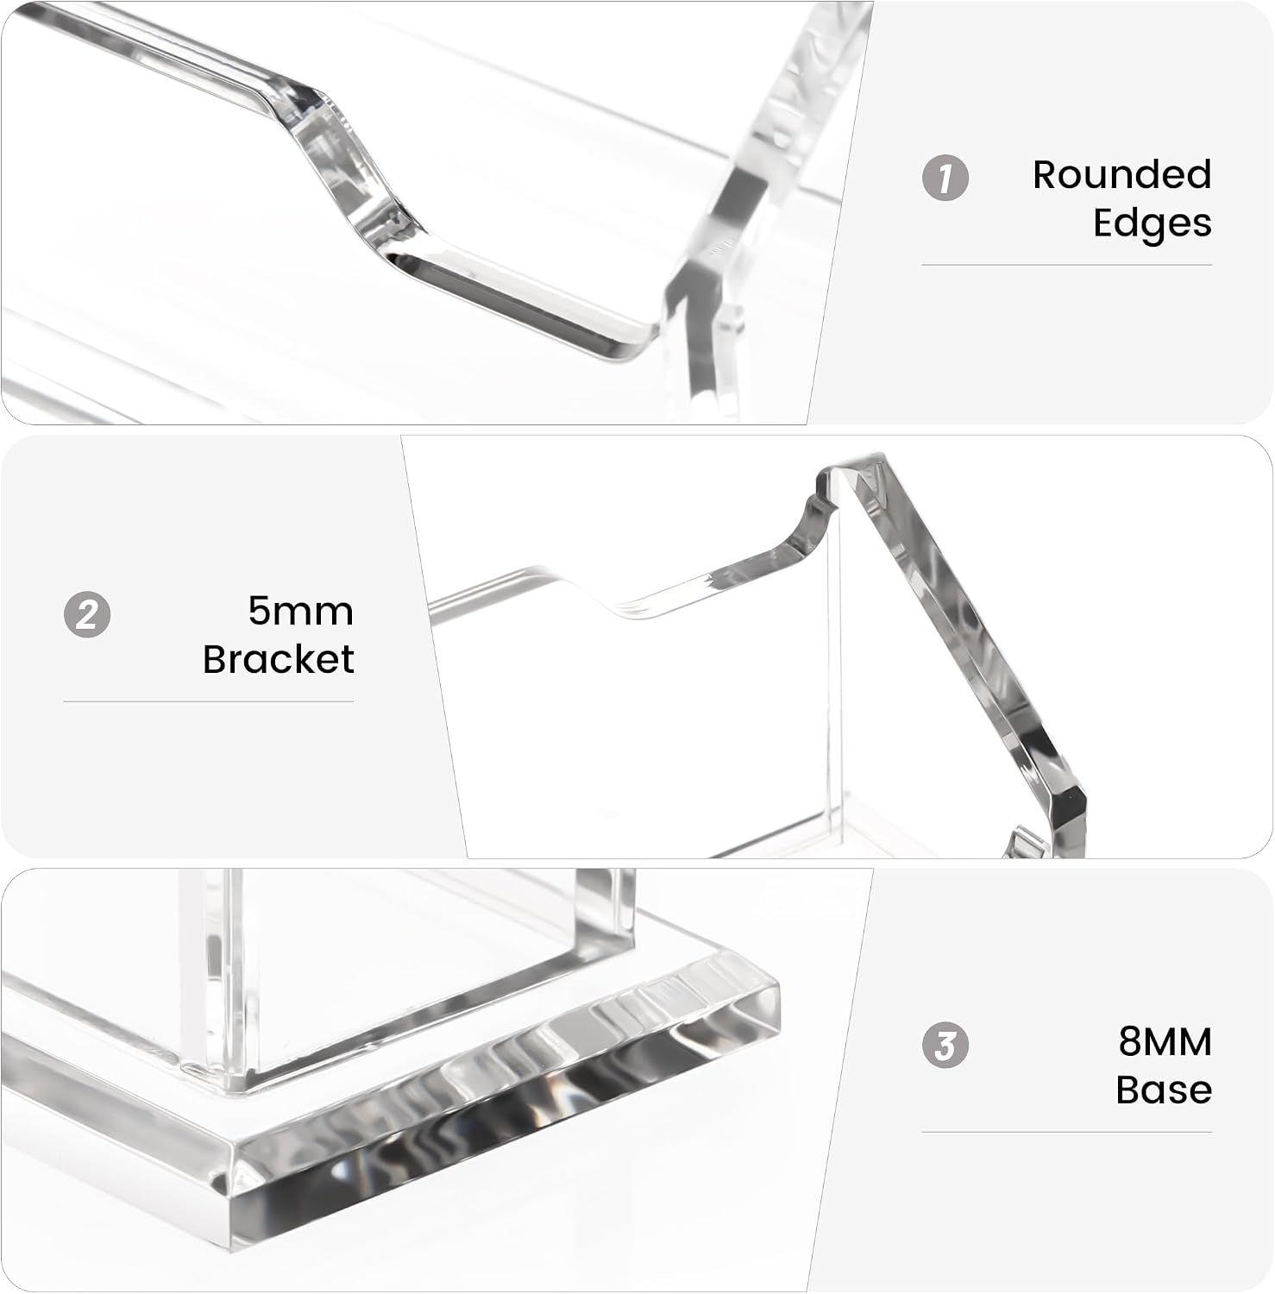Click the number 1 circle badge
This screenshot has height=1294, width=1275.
pos(945,179)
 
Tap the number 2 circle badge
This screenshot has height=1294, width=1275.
pos(87,615)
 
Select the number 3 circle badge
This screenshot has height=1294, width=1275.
pos(945,1045)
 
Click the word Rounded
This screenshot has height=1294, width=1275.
pos(1122,174)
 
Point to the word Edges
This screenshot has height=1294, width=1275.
pos(1153,223)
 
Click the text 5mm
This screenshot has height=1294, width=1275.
pos(301,611)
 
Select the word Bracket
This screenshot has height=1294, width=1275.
pos(279,659)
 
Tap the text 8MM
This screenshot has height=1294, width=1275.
pos(1165,1041)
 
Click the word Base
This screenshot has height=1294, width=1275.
pos(1164,1090)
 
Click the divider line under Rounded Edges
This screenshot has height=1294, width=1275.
pos(1067,265)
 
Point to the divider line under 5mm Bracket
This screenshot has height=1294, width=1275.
pos(209,701)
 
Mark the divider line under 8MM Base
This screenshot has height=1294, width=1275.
pos(1067,1132)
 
